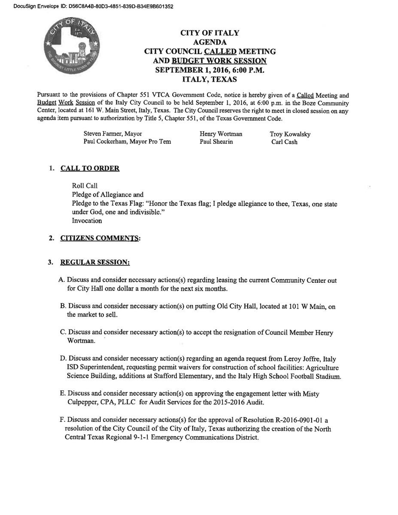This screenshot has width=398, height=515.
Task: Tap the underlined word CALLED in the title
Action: point(223,51)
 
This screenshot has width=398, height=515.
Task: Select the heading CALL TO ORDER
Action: point(90,168)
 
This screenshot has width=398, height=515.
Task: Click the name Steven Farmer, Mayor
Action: point(112,134)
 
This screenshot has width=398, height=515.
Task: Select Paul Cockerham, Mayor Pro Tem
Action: point(127,142)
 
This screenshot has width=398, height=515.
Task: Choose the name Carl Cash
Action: point(284,142)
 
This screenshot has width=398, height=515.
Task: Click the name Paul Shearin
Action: point(216,142)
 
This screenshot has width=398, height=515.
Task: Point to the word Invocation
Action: point(87,221)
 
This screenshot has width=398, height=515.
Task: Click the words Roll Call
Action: point(85,186)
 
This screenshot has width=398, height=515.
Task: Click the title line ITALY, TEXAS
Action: point(210,80)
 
